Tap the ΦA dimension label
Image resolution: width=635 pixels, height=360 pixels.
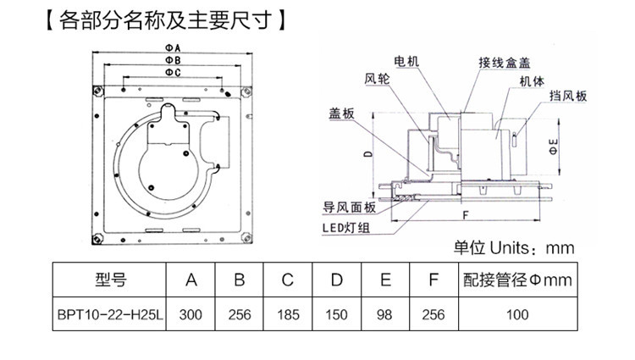tap(170, 47)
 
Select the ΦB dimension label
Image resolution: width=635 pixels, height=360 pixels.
tap(170, 61)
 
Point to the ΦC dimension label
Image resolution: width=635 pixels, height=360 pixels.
tap(170, 74)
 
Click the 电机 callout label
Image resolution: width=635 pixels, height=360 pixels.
tap(407, 63)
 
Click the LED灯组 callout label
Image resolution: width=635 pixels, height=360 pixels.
tap(343, 227)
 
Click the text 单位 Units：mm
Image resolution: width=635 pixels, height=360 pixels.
tap(514, 247)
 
